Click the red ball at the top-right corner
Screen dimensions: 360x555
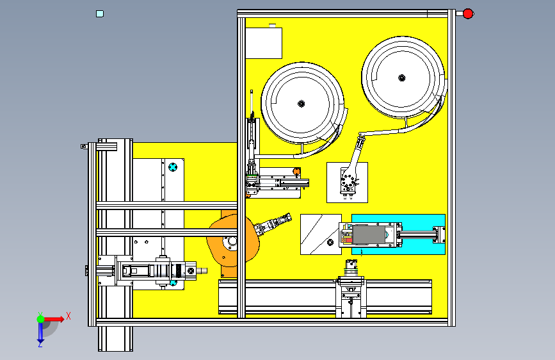coord(468,13)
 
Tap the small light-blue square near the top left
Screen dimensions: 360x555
coord(99,13)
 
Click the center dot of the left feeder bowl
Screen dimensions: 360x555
coord(300,104)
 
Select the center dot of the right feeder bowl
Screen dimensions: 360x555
coord(401,78)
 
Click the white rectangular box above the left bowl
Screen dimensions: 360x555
coord(264,44)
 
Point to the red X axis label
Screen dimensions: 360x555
coord(68,316)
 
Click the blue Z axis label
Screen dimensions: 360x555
coord(40,343)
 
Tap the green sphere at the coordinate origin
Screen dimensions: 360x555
coord(40,318)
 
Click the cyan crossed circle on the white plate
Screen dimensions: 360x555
coord(173,167)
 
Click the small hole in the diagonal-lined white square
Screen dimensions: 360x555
coord(329,243)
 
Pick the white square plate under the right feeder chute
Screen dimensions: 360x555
coord(347,182)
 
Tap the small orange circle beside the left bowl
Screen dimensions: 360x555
coord(296,171)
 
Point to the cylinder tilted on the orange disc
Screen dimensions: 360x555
coord(272,226)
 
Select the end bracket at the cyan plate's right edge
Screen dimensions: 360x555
coord(439,234)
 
